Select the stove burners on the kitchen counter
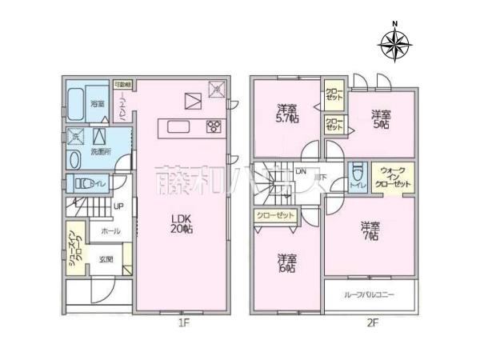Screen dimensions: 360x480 pos(214,126)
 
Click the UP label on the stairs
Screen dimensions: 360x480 pos(118,206)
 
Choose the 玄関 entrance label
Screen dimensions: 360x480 pos(105,259)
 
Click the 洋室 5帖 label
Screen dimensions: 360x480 pos(380,120)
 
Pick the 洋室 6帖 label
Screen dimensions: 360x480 pos(287,263)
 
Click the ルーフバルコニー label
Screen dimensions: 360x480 pos(370,294)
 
